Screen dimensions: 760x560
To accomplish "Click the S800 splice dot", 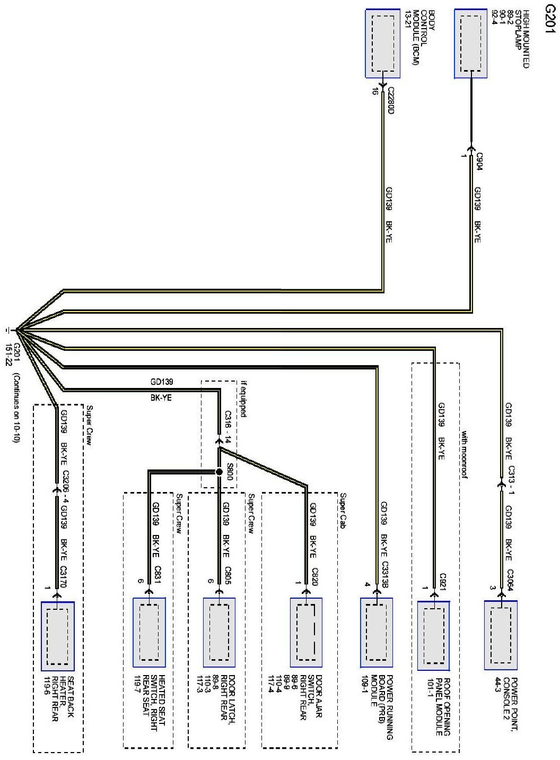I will (x=218, y=471).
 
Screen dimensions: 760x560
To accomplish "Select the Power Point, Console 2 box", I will (x=501, y=635).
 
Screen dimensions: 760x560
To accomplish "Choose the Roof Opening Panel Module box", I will (x=434, y=635).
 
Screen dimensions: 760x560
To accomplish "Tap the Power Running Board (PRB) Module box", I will (x=377, y=632).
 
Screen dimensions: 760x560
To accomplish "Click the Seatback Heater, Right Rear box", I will (x=57, y=634).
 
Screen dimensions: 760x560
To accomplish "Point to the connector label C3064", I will (x=510, y=577).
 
